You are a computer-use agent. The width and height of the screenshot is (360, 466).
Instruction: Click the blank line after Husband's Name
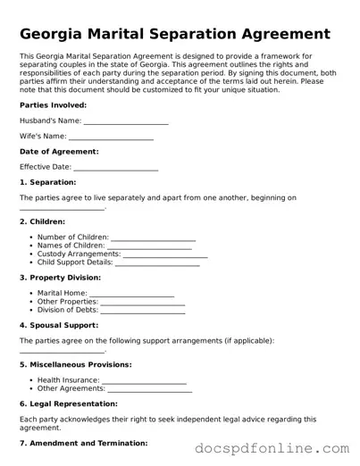point(125,121)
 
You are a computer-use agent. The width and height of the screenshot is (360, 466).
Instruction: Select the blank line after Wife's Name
point(111,137)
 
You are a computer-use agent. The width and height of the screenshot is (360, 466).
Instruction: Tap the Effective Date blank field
point(115,167)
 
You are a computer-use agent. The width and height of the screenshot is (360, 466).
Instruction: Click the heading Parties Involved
point(53,104)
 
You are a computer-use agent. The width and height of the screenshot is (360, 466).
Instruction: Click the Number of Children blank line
point(153,237)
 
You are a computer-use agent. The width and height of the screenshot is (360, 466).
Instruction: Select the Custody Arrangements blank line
point(165,254)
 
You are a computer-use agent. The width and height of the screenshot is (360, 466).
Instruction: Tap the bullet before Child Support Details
point(30,262)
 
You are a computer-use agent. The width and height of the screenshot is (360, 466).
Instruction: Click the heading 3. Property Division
point(60,278)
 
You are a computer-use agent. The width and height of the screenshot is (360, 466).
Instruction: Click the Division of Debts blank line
point(143,310)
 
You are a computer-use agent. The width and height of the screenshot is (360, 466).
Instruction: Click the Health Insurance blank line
point(144,380)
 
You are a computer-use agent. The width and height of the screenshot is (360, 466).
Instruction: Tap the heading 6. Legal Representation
point(71,404)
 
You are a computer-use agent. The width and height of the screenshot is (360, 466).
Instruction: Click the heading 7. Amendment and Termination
point(83,443)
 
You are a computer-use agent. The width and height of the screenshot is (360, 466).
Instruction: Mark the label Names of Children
point(71,246)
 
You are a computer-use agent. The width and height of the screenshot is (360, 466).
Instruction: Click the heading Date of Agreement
point(59,152)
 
